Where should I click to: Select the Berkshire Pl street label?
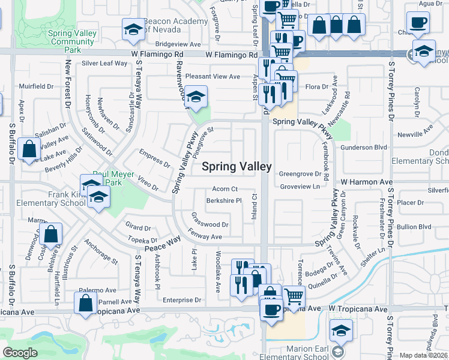pyautogui.click(x=223, y=200)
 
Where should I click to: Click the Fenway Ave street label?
pyautogui.click(x=207, y=237)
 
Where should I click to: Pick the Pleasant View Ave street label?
pyautogui.click(x=212, y=77)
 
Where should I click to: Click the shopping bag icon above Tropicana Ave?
pyautogui.click(x=86, y=303)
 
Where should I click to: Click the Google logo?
pyautogui.click(x=20, y=353)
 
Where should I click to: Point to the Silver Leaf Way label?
pyautogui.click(x=104, y=63)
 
